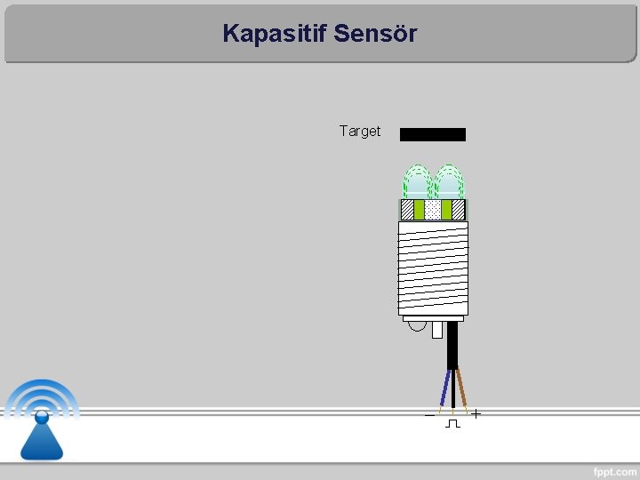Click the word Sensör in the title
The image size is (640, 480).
[377, 34]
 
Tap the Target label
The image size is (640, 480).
[359, 132]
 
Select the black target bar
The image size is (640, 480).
[433, 134]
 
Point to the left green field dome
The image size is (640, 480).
[416, 182]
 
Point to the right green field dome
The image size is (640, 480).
[449, 182]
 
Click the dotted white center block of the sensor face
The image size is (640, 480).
[433, 210]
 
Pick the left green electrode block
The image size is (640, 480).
[419, 210]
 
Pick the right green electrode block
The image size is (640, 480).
[447, 210]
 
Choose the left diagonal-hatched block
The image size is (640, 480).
[407, 210]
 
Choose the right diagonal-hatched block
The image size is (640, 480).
[459, 210]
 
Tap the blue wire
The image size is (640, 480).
[444, 388]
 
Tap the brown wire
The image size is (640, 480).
[461, 387]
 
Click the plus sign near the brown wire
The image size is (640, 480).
[477, 413]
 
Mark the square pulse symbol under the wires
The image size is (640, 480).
[452, 424]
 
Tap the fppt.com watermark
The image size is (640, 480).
[613, 469]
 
